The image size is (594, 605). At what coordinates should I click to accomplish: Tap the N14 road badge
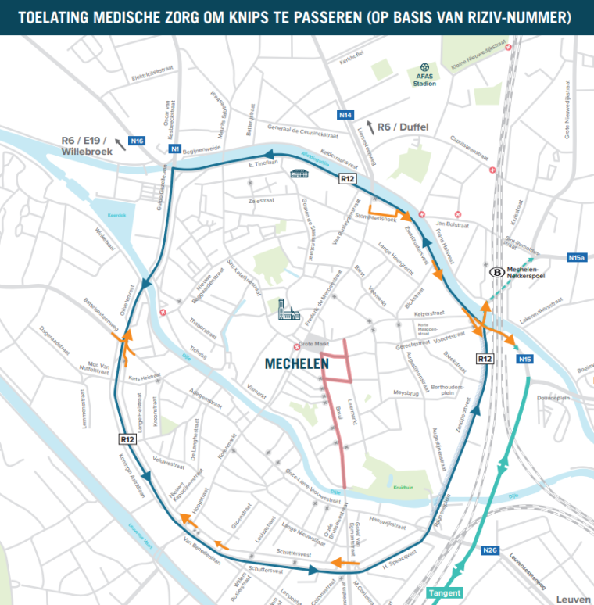pos(345,115)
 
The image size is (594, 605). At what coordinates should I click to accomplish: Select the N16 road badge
pos(138,141)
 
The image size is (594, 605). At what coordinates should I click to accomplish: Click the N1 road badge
pos(175,149)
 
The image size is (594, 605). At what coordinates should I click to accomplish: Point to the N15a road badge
pos(577,256)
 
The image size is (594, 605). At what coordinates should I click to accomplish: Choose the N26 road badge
pos(490,550)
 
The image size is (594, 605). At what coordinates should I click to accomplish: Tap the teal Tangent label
pos(444,592)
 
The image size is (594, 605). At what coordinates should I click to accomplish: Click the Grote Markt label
pos(314,345)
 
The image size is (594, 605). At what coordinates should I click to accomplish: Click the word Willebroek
pos(82,153)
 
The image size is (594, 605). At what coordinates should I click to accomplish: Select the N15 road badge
pos(524,359)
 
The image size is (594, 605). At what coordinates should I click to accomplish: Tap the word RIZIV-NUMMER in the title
pos(515,16)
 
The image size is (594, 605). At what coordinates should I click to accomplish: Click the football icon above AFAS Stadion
pos(424,67)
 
